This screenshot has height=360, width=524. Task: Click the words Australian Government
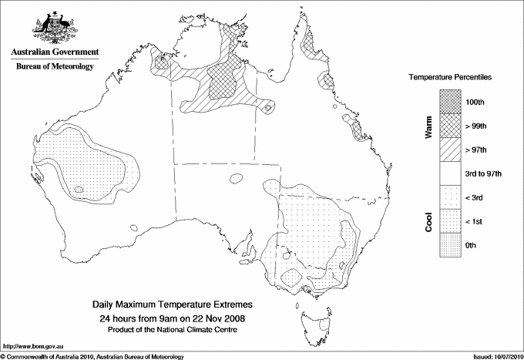click(55, 52)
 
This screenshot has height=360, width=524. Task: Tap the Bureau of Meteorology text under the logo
click(55, 66)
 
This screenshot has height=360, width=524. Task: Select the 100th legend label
click(472, 102)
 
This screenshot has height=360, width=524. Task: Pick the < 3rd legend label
click(472, 198)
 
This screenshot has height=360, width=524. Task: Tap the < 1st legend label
click(472, 222)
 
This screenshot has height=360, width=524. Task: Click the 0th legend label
click(469, 245)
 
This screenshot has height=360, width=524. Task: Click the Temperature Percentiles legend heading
click(450, 78)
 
